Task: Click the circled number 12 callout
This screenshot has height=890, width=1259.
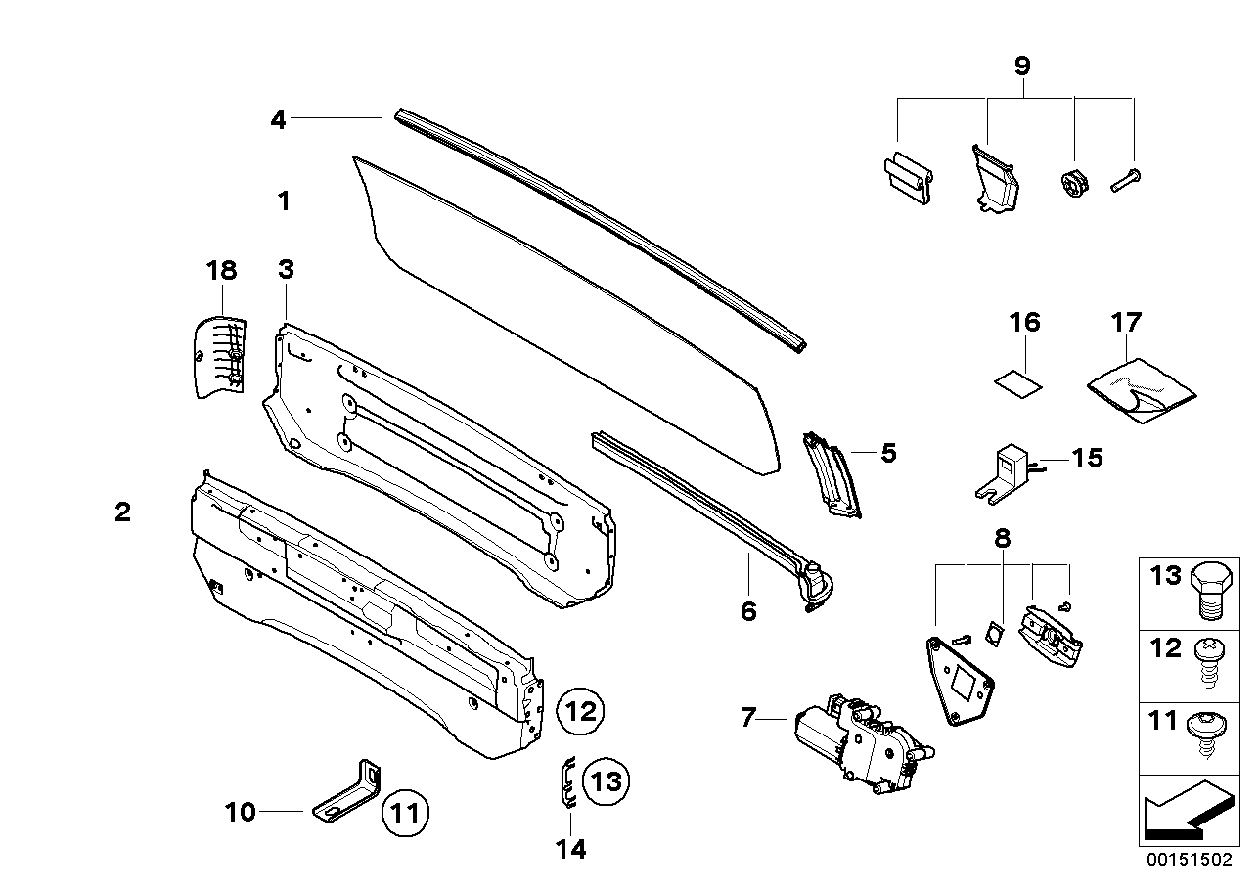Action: coord(581,711)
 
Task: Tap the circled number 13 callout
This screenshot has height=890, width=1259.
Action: coord(607,780)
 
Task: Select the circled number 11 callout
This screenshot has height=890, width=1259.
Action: coord(405,811)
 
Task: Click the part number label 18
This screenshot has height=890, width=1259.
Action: coord(222,271)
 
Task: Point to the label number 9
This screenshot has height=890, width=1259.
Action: coord(1021,67)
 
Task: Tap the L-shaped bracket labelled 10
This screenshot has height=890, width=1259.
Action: coord(349,792)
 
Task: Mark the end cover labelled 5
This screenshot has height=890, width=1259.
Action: coord(833,476)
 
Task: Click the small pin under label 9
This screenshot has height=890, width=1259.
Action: coord(1128,180)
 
